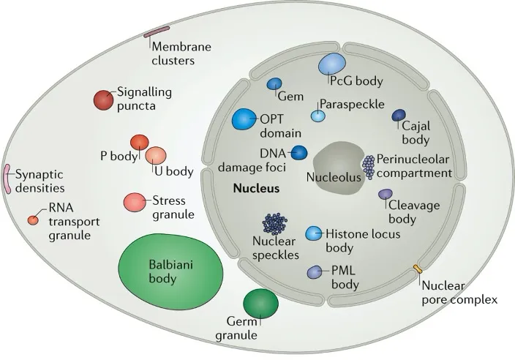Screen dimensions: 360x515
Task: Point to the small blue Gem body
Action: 275,84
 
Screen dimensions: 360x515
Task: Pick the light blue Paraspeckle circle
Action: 318,115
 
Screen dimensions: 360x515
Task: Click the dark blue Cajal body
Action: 399,115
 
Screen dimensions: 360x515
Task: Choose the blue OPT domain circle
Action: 244,119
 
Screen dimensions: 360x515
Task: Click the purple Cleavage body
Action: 385,194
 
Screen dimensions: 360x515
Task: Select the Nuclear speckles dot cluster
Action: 275,222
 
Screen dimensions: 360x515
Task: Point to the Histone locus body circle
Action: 314,233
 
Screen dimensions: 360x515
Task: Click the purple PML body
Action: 315,271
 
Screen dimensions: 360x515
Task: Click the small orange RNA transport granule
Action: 33,220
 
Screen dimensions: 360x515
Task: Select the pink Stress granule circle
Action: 134,201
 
